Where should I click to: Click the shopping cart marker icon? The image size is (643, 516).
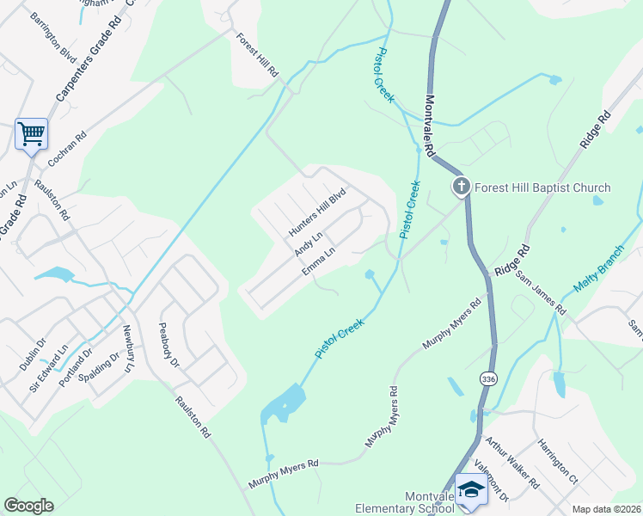click(x=31, y=134)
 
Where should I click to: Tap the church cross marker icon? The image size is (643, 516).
click(x=462, y=187)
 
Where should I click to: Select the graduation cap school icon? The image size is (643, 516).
click(x=470, y=488)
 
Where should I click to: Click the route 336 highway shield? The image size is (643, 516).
click(x=488, y=378)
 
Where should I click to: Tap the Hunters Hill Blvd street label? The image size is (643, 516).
click(x=316, y=212)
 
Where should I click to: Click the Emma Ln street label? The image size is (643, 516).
click(x=317, y=261)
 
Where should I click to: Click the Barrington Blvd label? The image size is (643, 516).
click(x=53, y=34)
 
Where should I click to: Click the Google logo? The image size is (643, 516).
click(x=28, y=506)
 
